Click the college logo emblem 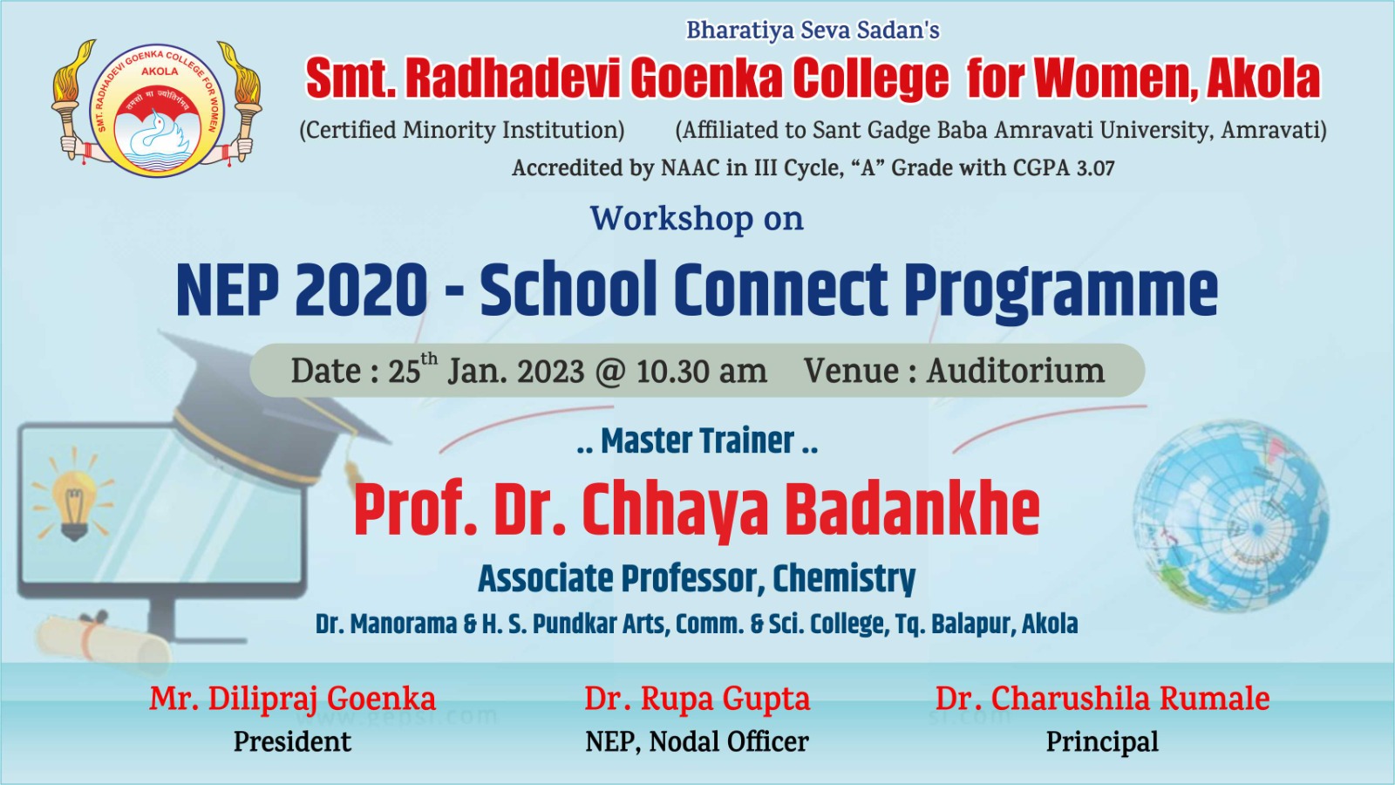pyautogui.click(x=156, y=110)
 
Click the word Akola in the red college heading pyautogui.click(x=1263, y=79)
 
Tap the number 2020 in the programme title pyautogui.click(x=361, y=290)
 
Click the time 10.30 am pyautogui.click(x=701, y=372)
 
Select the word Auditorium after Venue pyautogui.click(x=1016, y=371)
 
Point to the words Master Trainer pyautogui.click(x=697, y=441)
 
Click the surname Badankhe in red pyautogui.click(x=912, y=509)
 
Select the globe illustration pyautogui.click(x=1231, y=516)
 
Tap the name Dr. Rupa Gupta pyautogui.click(x=697, y=699)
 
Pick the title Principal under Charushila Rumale pyautogui.click(x=1102, y=742)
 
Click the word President pyautogui.click(x=292, y=742)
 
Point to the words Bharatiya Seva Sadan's pyautogui.click(x=813, y=30)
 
